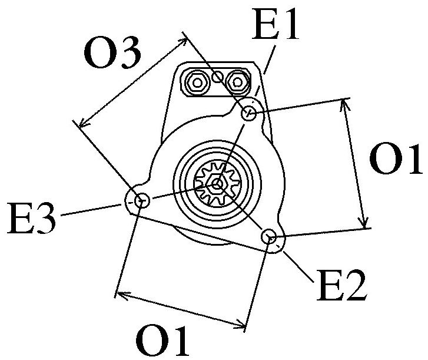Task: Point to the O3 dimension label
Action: coord(112,54)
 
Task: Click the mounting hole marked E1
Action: coord(250,113)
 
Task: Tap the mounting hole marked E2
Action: coord(270,237)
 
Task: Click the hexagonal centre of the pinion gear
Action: coord(218,184)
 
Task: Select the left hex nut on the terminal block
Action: coord(196,81)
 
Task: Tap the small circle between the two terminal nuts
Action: coord(217,76)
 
